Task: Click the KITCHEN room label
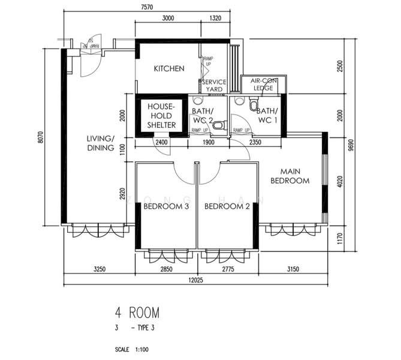(169, 68)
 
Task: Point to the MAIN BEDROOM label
(290, 175)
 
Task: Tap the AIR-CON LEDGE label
(263, 84)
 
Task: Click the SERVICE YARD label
(214, 85)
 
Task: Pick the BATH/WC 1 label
(267, 115)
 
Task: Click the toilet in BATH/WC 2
(219, 125)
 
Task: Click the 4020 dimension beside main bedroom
(340, 181)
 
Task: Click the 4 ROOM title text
(138, 313)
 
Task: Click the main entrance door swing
(89, 60)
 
